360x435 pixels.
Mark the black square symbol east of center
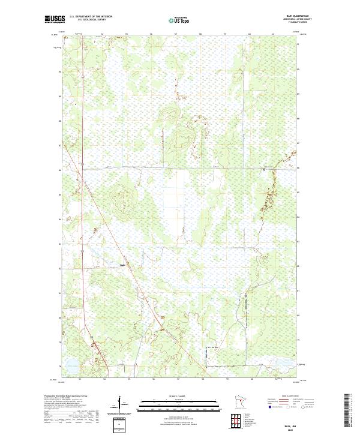(x=264, y=170)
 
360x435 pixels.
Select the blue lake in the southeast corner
(x=282, y=363)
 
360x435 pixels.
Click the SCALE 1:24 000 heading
(x=174, y=396)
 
